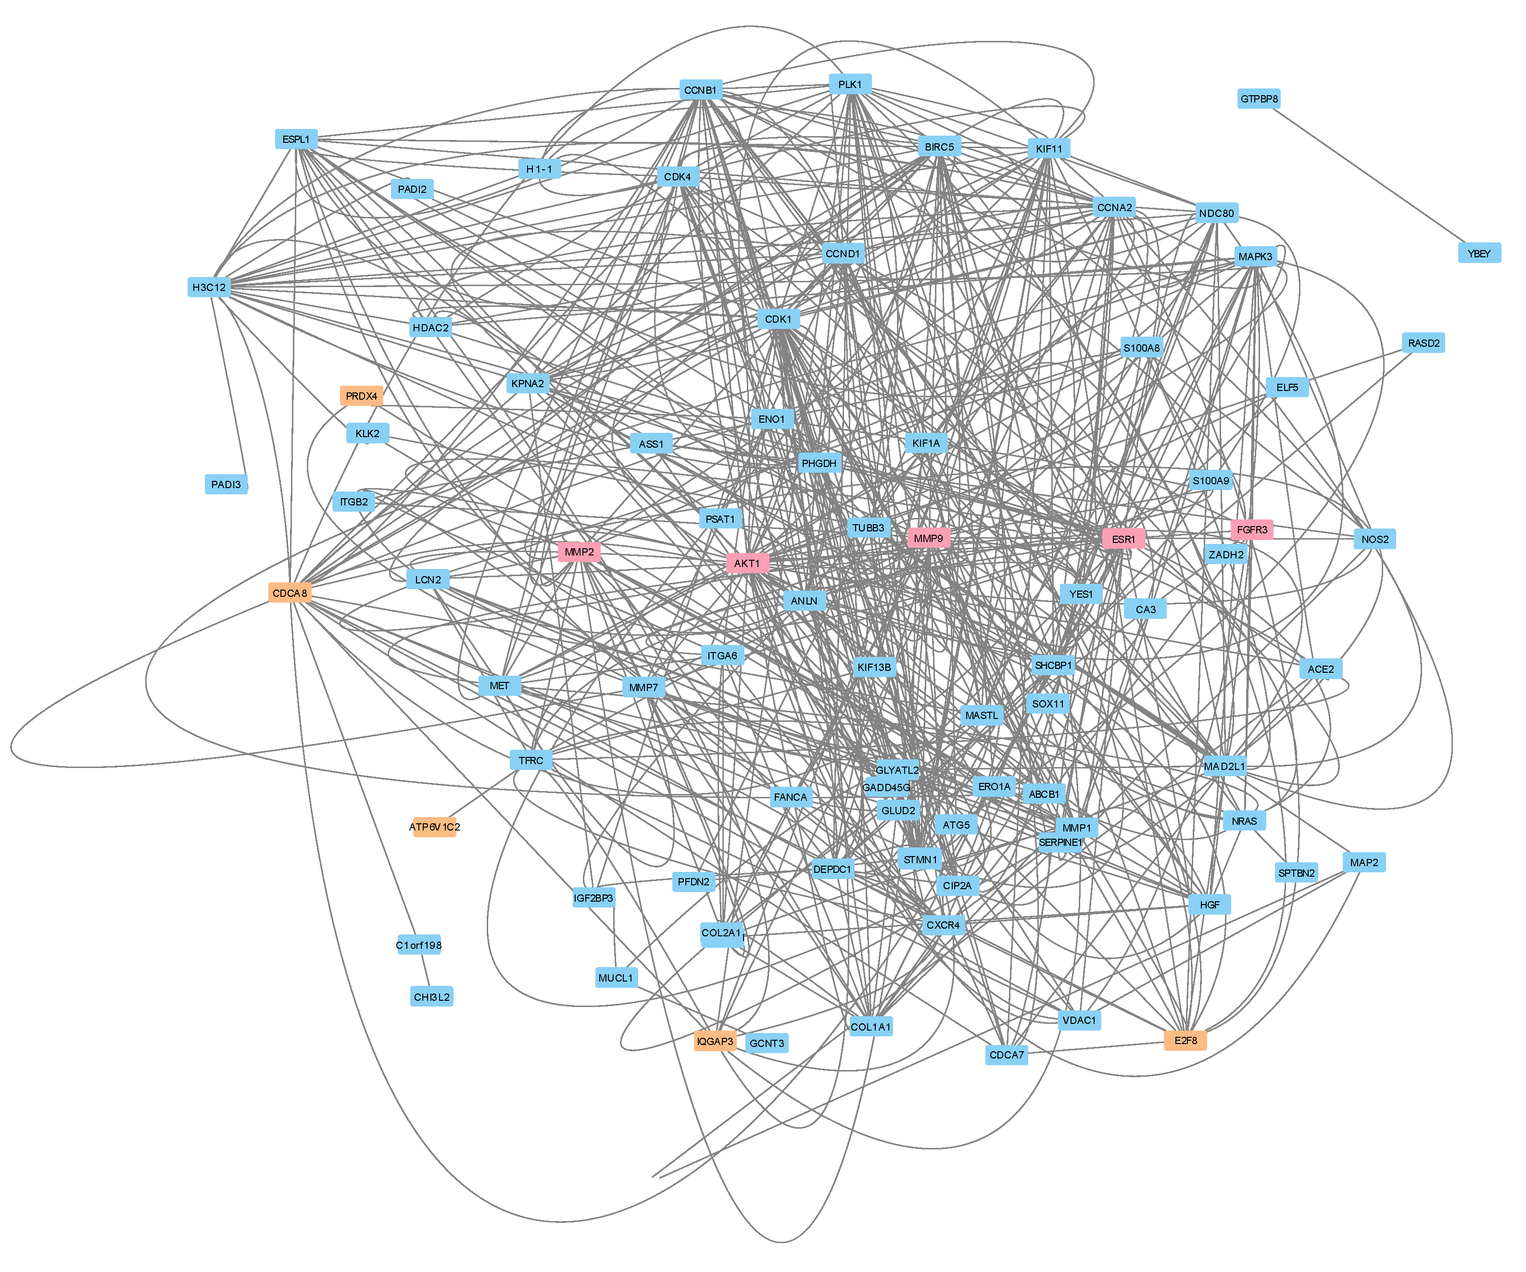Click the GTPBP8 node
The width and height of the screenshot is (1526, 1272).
point(1259,99)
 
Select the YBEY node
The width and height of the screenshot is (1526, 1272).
point(1479,253)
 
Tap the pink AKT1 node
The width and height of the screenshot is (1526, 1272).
point(747,563)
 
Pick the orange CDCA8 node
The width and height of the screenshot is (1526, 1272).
point(290,593)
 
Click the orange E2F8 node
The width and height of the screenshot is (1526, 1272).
point(1185,1040)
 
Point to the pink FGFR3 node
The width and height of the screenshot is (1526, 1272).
point(1251,529)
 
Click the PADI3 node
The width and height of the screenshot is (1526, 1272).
point(226,485)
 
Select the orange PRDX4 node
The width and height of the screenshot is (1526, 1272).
point(361,396)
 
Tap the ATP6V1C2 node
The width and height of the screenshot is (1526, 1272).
point(435,827)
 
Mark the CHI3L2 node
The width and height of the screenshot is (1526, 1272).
point(432,996)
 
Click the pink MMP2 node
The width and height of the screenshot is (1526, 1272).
point(579,552)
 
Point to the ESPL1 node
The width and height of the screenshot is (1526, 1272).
point(296,139)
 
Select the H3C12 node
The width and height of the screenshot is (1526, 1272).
point(209,288)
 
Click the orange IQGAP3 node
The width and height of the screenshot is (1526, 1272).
point(715,1041)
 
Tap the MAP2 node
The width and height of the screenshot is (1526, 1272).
point(1364,862)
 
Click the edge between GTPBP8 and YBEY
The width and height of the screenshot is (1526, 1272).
point(1366,175)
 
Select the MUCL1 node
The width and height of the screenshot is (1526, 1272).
point(616,978)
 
